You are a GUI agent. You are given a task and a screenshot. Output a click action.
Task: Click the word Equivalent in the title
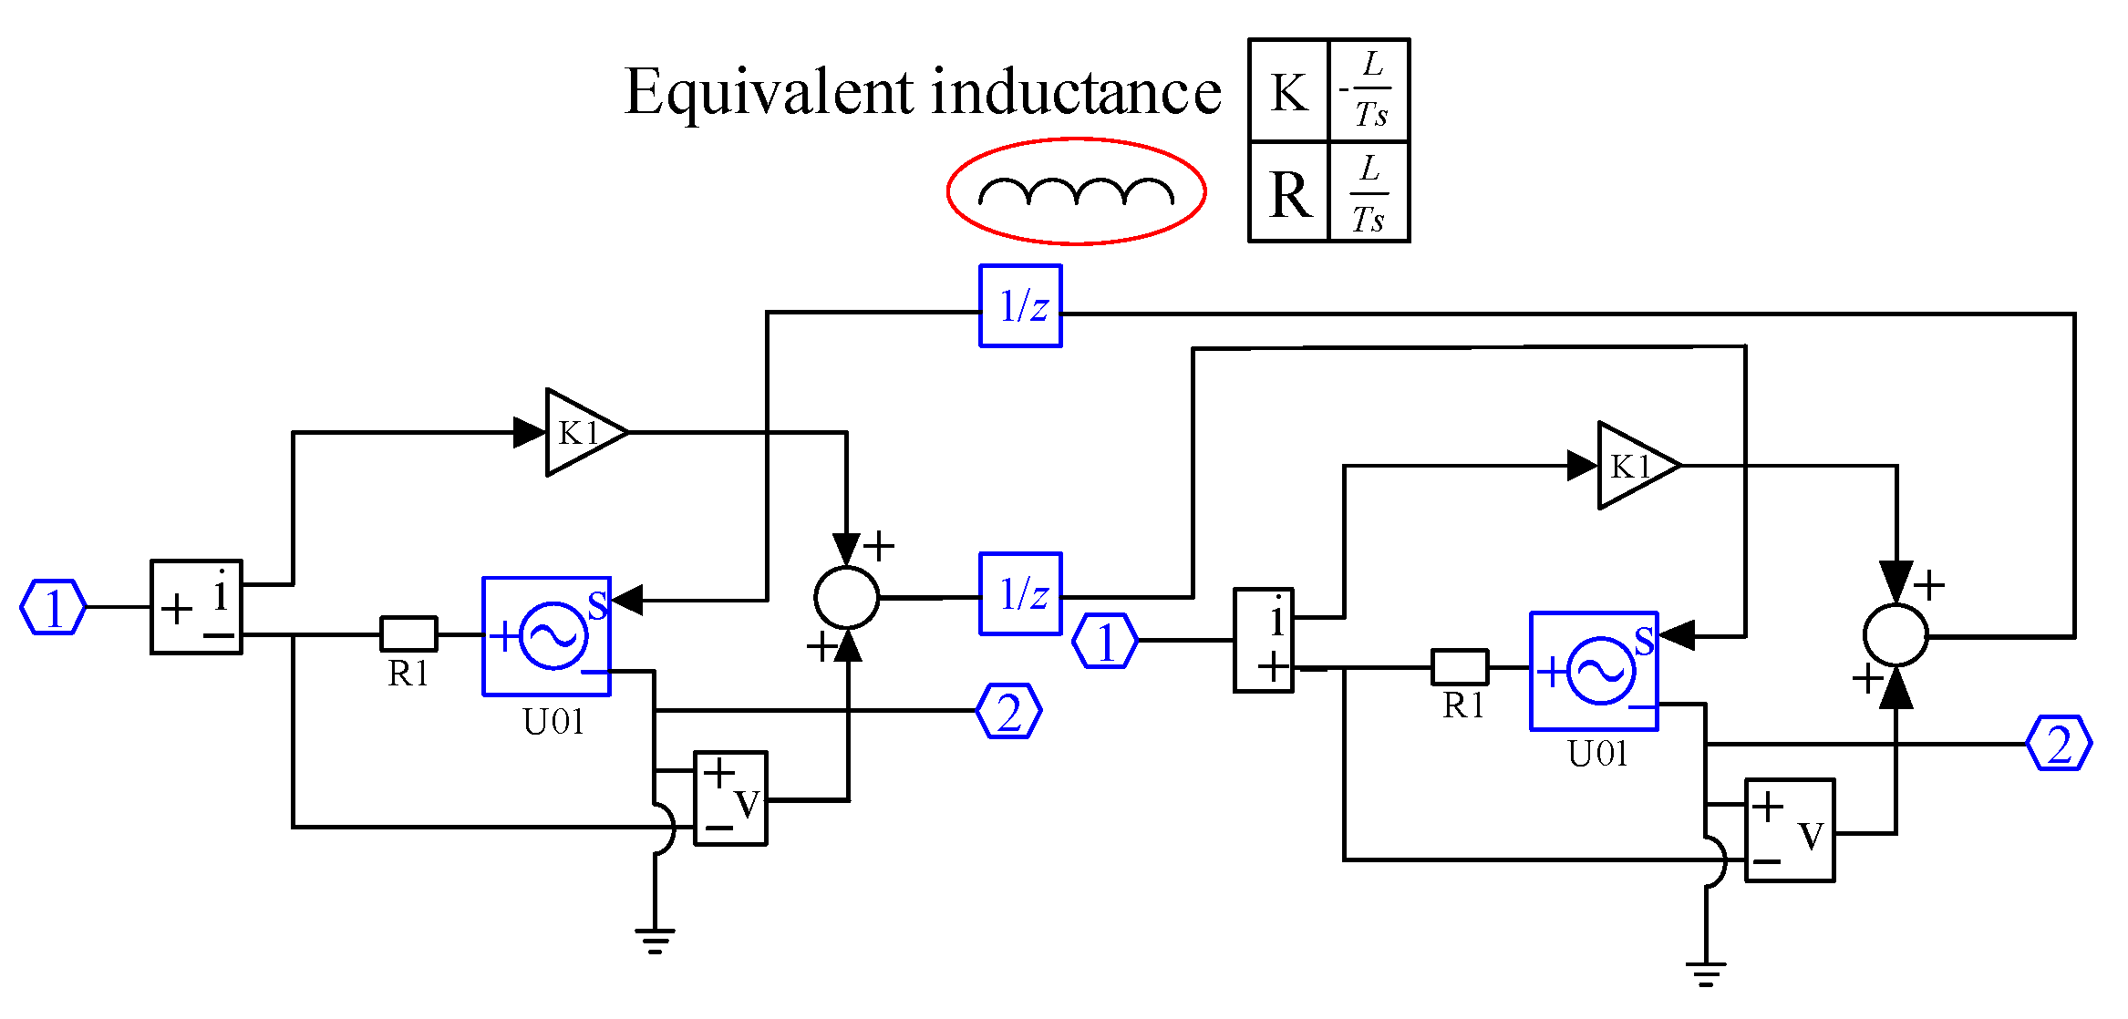pos(769,93)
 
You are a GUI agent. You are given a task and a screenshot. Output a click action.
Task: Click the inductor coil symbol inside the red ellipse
pos(1076,192)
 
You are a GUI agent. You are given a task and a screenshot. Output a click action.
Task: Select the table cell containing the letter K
pos(1288,91)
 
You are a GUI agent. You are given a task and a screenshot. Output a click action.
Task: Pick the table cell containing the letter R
pos(1288,193)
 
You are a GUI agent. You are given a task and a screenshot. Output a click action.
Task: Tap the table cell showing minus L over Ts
pos(1369,91)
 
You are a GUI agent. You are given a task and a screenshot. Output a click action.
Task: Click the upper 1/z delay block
pos(1020,306)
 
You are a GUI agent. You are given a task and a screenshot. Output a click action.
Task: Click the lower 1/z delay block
pos(1020,593)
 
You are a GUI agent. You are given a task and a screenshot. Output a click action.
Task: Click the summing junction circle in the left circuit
pos(846,598)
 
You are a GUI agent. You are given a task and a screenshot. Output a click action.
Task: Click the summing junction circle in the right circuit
pos(1896,635)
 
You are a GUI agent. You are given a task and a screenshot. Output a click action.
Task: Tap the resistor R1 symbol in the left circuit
pos(408,633)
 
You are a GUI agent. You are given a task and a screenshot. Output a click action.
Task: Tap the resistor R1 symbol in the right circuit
pos(1460,667)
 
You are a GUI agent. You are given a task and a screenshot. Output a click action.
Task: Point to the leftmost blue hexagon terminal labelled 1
pos(53,607)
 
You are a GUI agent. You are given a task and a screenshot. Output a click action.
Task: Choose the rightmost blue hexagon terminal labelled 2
pos(2060,744)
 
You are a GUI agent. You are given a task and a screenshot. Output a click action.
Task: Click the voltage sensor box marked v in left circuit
pos(730,798)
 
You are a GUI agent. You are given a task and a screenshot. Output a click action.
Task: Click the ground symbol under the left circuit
pos(655,940)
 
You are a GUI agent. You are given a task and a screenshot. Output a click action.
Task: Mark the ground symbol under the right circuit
pos(1705,973)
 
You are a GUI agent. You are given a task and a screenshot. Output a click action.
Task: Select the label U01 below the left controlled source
pos(553,722)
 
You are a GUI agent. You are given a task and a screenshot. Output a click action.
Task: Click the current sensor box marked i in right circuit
pos(1264,640)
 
